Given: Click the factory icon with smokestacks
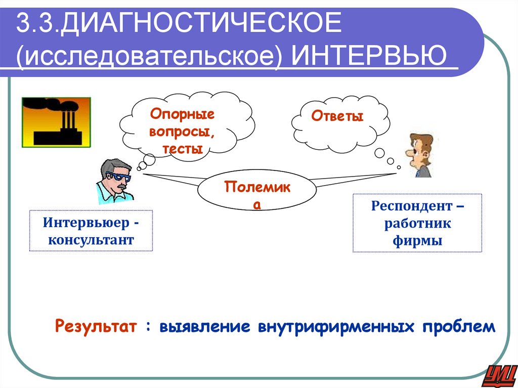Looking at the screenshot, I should tap(56, 122).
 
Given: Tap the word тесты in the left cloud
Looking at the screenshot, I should tap(183, 149).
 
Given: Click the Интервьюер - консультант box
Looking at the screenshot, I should tap(91, 231).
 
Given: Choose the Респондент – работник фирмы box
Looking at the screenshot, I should tap(417, 223).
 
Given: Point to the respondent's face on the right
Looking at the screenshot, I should tap(417, 152).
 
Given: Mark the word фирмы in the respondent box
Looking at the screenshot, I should tap(417, 240).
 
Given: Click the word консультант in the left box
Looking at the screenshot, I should tap(91, 239).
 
